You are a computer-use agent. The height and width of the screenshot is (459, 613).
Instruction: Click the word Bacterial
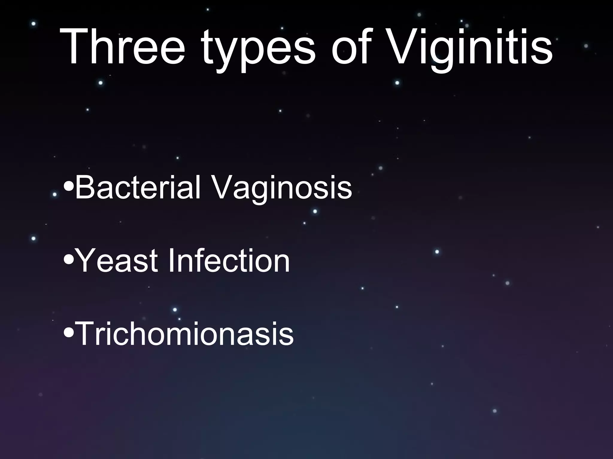tap(138, 187)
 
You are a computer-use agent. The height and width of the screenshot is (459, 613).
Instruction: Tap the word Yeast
tap(117, 261)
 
